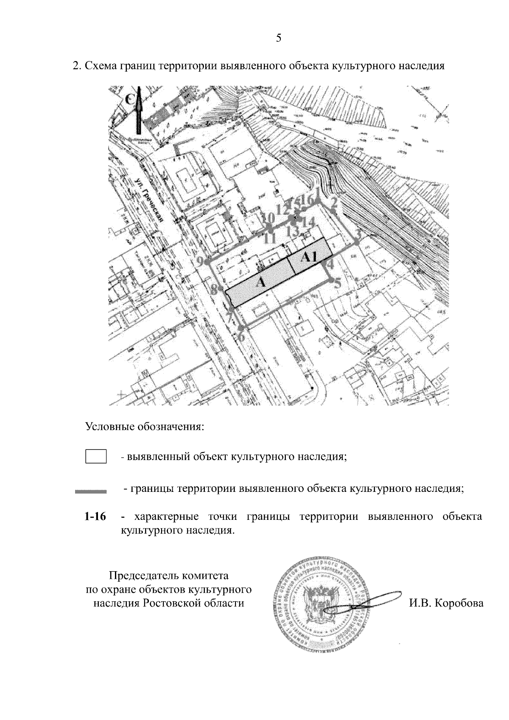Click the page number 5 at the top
point(279,38)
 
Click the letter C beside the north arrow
point(130,99)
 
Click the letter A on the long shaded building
point(262,282)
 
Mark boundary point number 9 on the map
point(207,263)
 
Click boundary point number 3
point(357,242)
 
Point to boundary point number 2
point(333,210)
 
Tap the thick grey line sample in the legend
point(90,492)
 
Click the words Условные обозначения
point(145,426)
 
